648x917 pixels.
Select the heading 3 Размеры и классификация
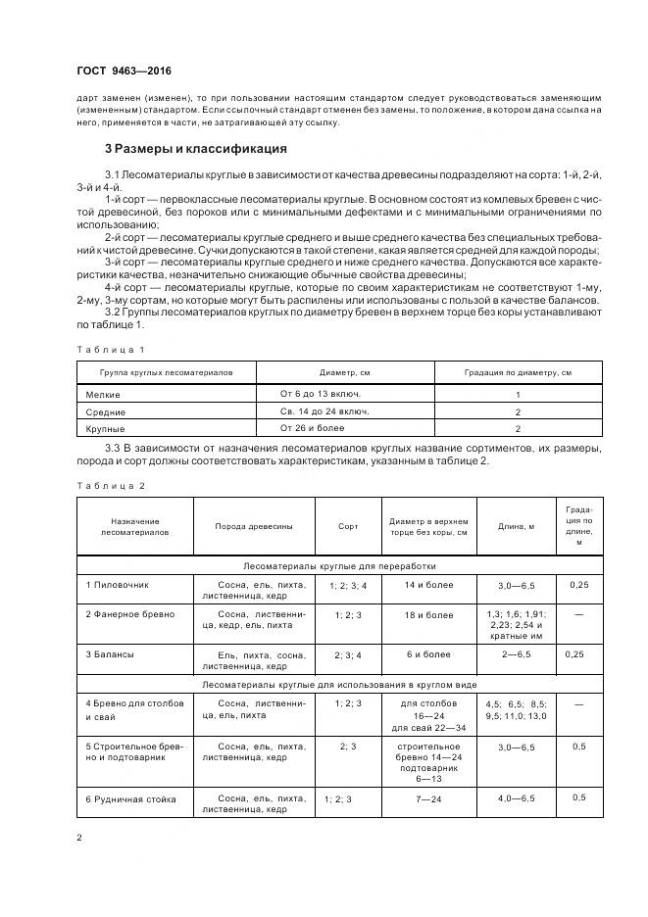195,149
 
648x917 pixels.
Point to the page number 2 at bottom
79,838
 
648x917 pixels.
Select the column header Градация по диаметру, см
517,373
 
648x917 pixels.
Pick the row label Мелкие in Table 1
103,394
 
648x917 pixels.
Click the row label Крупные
105,429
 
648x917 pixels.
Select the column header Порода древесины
254,526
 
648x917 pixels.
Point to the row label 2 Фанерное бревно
129,615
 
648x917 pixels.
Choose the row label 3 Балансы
110,653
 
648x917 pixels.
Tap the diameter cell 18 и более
428,615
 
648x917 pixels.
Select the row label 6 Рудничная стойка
130,799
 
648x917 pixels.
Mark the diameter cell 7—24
428,799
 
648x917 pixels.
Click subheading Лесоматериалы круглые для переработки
340,565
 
